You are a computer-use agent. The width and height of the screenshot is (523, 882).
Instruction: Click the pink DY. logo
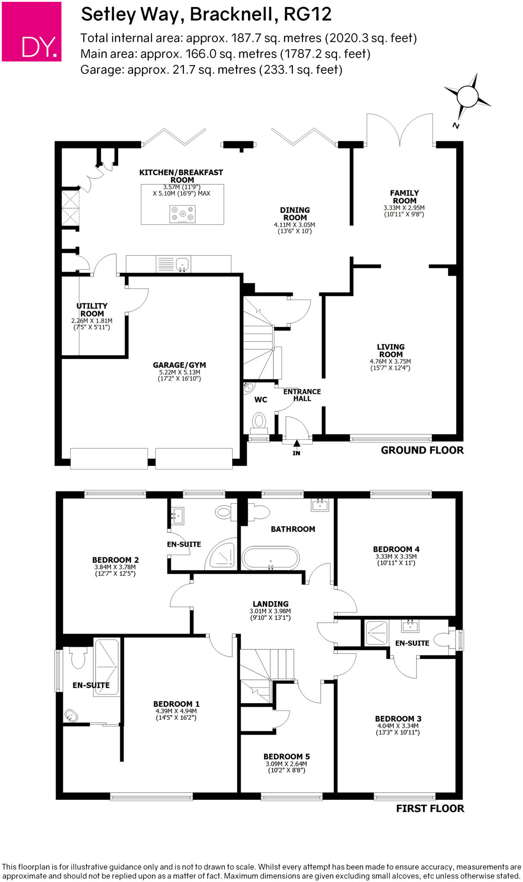31,31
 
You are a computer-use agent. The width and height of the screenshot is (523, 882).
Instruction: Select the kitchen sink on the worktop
183,264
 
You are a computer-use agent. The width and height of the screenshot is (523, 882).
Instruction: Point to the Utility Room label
92,310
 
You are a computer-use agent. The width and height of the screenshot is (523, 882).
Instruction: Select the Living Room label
391,350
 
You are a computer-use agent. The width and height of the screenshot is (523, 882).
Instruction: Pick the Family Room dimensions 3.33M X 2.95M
404,208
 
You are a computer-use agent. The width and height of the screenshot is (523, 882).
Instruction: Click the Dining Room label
295,214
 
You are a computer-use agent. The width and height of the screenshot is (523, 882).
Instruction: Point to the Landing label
271,604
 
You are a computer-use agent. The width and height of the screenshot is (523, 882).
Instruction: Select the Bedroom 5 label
286,756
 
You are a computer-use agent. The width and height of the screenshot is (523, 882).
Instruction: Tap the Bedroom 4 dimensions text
396,559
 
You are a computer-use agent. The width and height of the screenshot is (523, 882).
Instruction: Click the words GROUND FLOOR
422,450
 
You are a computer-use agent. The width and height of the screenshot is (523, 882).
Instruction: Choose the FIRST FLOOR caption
430,808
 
